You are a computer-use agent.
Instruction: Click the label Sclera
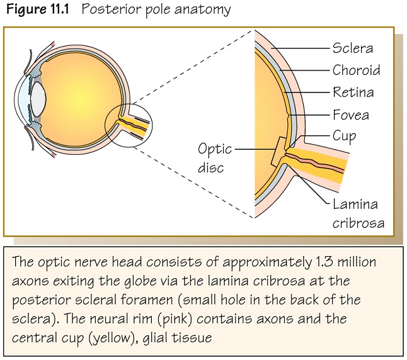353,48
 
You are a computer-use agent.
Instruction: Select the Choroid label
356,70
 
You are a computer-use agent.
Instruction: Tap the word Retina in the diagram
353,93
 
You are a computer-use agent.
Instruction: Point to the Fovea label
351,115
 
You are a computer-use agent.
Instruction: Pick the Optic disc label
215,158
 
